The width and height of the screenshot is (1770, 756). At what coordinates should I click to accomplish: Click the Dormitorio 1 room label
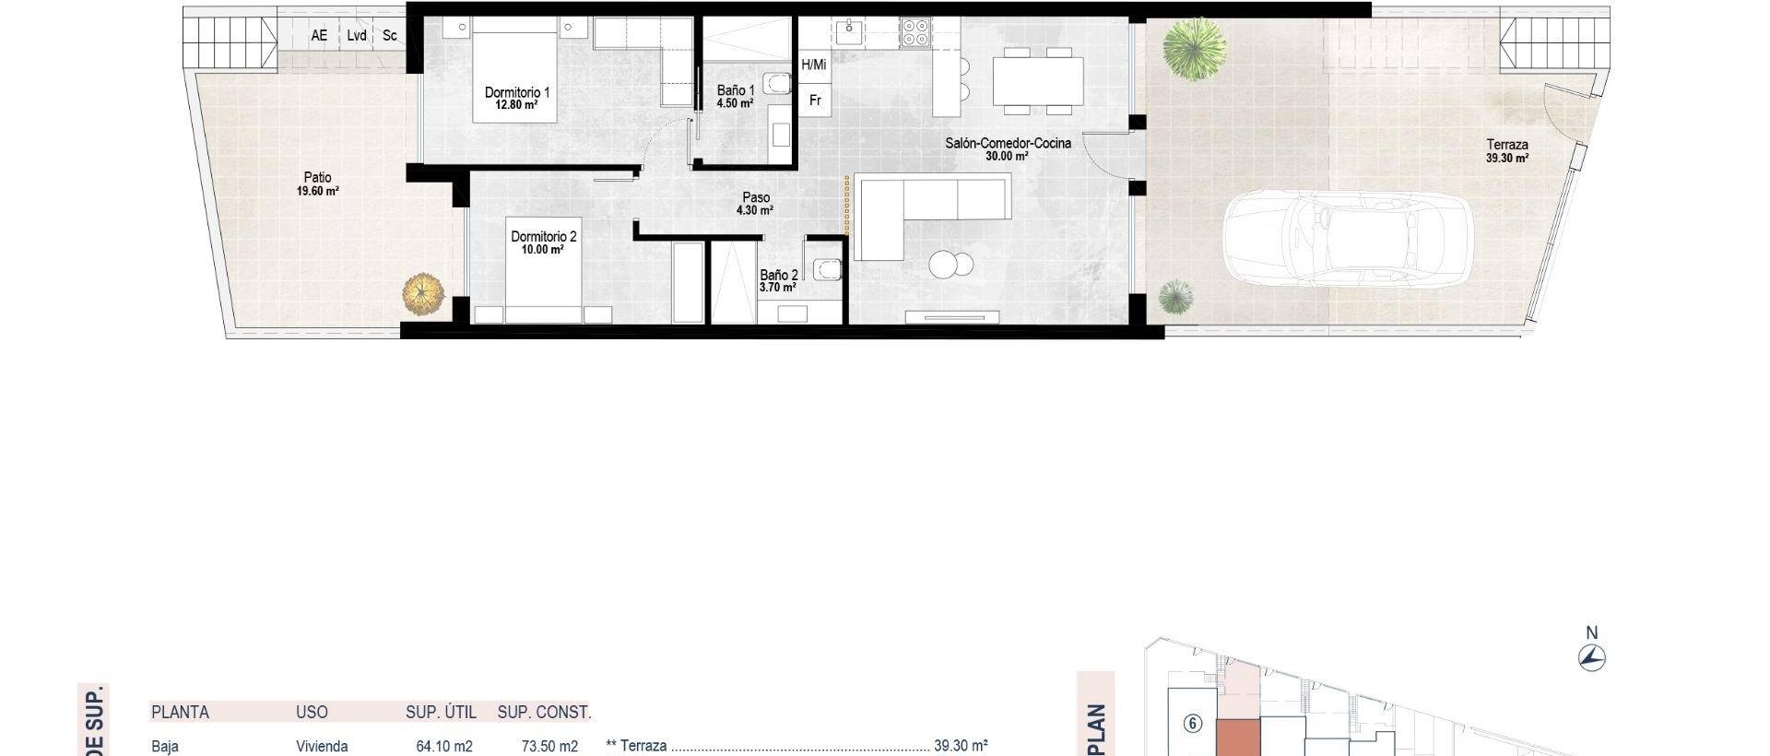(516, 93)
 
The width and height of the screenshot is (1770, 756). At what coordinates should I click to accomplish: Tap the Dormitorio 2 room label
(543, 238)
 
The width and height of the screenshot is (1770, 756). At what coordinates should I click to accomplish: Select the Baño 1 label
(736, 91)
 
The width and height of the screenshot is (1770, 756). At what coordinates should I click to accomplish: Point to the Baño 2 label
(778, 276)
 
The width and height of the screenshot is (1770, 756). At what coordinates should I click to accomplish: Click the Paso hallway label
(756, 198)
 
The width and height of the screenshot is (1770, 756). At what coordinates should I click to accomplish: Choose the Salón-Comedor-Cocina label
(1008, 144)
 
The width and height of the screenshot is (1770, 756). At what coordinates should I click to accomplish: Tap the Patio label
(317, 178)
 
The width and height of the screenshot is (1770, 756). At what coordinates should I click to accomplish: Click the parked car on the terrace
(1346, 237)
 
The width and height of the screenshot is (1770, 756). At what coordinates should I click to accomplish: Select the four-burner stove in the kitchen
(914, 32)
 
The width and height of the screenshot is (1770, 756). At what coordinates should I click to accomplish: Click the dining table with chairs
(1037, 81)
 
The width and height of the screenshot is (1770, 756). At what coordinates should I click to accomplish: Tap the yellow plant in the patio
(423, 294)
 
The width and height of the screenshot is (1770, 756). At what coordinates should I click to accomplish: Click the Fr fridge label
(815, 100)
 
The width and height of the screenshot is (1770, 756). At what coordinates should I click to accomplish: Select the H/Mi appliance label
(814, 65)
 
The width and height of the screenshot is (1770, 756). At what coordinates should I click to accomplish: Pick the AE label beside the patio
(319, 36)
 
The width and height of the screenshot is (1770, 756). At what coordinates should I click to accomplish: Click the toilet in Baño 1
(780, 85)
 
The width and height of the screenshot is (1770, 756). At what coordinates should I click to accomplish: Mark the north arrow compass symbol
(1591, 657)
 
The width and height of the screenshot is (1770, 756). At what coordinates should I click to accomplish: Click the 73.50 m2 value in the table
(549, 746)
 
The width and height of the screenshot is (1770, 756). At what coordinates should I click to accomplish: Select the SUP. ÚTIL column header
(441, 712)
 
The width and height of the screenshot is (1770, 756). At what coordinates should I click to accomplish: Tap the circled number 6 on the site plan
(1193, 724)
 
